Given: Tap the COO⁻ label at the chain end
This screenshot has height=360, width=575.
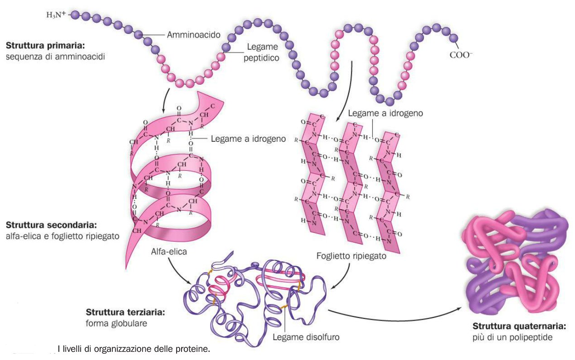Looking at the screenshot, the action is pyautogui.click(x=461, y=55).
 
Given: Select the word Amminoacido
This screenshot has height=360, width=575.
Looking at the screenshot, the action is pyautogui.click(x=194, y=35).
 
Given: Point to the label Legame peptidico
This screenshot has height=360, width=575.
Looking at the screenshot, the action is pyautogui.click(x=262, y=52).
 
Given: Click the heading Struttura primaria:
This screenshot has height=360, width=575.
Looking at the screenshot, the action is pyautogui.click(x=45, y=46).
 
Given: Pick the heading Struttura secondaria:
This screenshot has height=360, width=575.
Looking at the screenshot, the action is pyautogui.click(x=51, y=225).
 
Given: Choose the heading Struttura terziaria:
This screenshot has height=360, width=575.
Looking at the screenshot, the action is pyautogui.click(x=125, y=312).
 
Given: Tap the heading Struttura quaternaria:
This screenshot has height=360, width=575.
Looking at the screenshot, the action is pyautogui.click(x=519, y=326).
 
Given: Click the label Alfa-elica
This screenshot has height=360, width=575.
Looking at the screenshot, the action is pyautogui.click(x=169, y=251).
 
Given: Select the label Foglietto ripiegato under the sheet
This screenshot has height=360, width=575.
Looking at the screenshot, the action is pyautogui.click(x=351, y=256).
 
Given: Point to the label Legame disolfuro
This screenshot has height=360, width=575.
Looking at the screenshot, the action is pyautogui.click(x=306, y=337).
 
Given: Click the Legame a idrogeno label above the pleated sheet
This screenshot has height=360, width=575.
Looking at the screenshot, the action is pyautogui.click(x=386, y=113).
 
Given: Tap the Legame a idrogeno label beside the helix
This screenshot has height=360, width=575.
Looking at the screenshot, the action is pyautogui.click(x=248, y=139).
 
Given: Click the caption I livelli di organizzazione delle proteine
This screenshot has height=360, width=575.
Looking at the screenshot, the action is pyautogui.click(x=134, y=349).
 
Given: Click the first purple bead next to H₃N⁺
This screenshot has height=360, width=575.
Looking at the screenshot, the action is pyautogui.click(x=75, y=14).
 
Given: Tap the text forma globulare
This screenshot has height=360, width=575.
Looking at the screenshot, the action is pyautogui.click(x=116, y=323).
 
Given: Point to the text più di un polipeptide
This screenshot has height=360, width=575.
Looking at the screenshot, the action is pyautogui.click(x=513, y=337).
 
